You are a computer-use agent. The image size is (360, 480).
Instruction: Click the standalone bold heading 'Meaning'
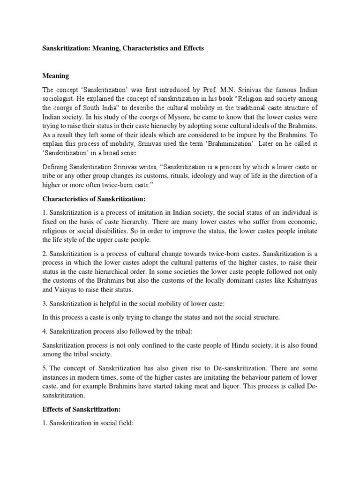56,75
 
